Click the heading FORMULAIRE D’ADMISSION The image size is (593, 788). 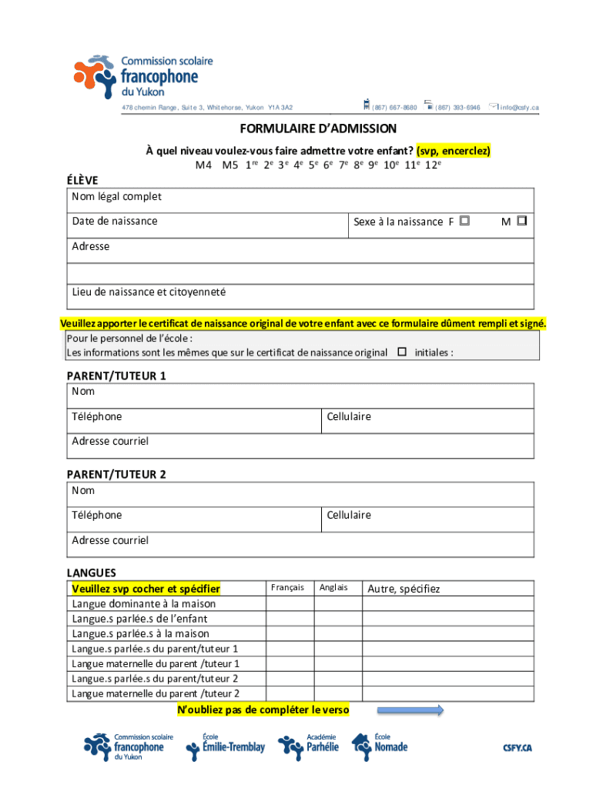coord(318,129)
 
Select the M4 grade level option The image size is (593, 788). coord(203,165)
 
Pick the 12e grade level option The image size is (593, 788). coord(434,165)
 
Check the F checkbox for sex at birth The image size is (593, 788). coord(464,221)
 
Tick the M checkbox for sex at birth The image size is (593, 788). coord(521,221)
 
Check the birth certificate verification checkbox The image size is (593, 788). coord(401,352)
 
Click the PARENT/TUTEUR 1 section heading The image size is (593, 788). coord(116,376)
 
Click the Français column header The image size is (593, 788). coord(289,588)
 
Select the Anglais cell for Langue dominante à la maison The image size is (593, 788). coord(338,604)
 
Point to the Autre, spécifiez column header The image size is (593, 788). coord(404,589)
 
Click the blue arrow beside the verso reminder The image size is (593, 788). coord(410,710)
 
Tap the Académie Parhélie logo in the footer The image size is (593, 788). coord(309,746)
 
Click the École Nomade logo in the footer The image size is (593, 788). coord(380,745)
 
